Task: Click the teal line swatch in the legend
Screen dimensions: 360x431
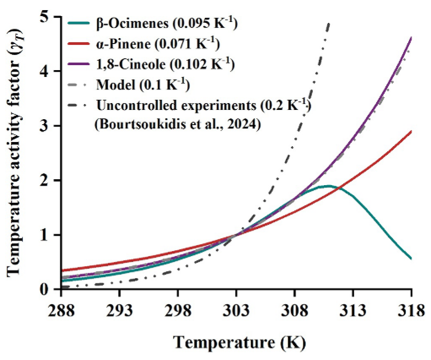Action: point(80,24)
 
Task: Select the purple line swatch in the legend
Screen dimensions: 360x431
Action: point(80,64)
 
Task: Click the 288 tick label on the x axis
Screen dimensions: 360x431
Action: point(61,310)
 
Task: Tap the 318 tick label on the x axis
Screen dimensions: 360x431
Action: point(412,310)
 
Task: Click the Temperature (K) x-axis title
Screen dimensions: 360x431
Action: point(239,343)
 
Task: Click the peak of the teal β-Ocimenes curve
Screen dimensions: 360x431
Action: point(327,186)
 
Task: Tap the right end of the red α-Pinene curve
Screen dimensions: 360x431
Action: point(411,131)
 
